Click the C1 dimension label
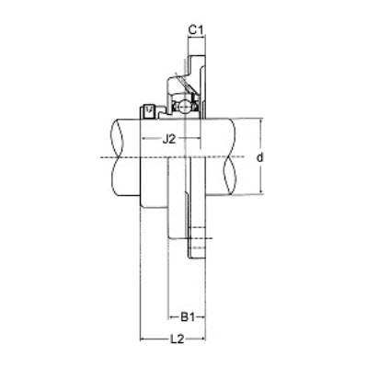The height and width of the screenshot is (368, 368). click(196, 30)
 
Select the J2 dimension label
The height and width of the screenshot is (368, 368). click(169, 140)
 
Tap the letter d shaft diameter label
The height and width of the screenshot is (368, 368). click(260, 157)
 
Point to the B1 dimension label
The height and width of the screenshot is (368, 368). click(188, 316)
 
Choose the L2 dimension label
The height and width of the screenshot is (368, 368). click(177, 339)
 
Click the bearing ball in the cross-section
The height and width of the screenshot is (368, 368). click(184, 108)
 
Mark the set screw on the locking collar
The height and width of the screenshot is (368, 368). click(149, 112)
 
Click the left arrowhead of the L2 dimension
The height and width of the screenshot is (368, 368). click(143, 339)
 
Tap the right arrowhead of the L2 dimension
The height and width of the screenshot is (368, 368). click(202, 339)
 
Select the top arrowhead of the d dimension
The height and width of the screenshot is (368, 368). click(260, 121)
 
